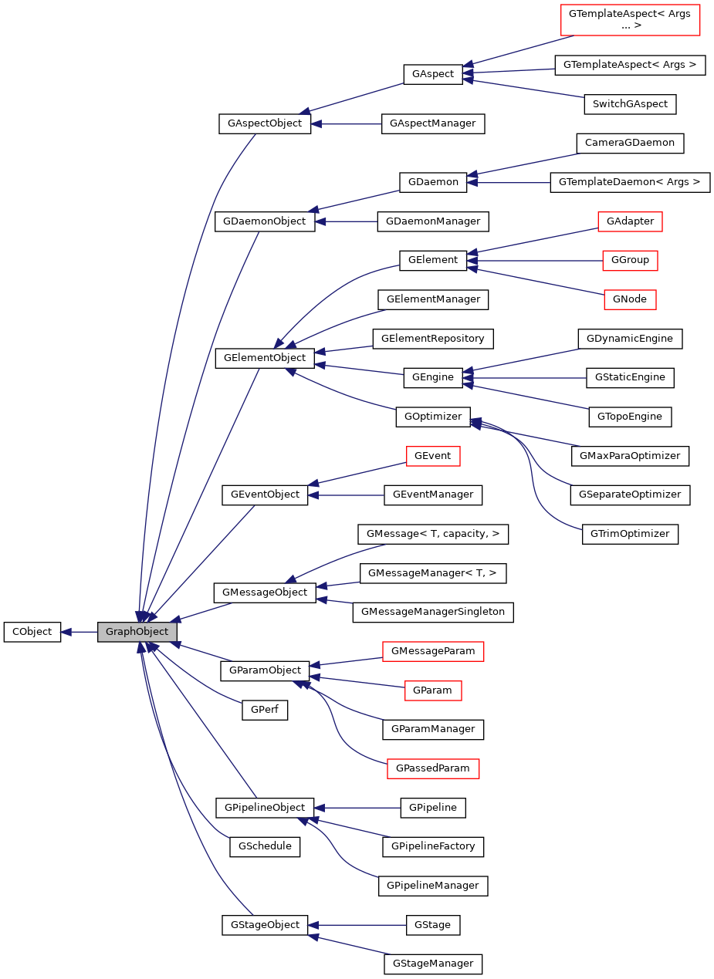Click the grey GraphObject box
point(137,632)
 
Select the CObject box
point(32,632)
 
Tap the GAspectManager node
point(432,123)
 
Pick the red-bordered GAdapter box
point(631,221)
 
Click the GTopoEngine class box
point(629,417)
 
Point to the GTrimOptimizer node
point(629,534)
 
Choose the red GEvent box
point(433,456)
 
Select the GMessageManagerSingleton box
point(432,612)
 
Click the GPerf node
point(264,711)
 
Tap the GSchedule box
point(265,846)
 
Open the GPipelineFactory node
point(433,846)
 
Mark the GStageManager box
point(433,964)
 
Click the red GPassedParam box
point(433,768)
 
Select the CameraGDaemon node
point(630,143)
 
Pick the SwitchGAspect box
point(630,103)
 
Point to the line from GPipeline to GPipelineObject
point(359,808)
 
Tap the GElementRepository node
point(433,338)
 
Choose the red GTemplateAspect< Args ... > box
point(630,19)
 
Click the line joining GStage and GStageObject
point(359,924)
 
